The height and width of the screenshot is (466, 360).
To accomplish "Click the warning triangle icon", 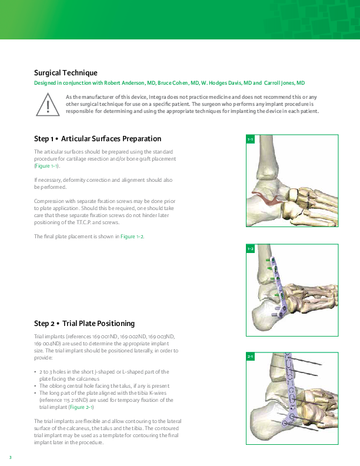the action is [48, 104].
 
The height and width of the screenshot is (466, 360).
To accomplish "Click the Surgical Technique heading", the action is [66, 73].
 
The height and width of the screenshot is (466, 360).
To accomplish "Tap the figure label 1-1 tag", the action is [251, 139].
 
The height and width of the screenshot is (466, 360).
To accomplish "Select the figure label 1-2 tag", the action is [251, 248].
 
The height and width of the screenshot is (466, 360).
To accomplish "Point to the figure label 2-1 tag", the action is [251, 357].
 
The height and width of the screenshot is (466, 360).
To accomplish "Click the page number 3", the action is [11, 457].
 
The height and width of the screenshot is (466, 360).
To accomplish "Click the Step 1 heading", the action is [98, 139].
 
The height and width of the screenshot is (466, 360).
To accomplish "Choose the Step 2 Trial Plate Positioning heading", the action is [84, 324].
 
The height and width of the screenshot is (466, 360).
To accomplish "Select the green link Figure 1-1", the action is [46, 166].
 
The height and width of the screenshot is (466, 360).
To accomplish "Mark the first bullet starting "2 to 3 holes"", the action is [104, 375].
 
